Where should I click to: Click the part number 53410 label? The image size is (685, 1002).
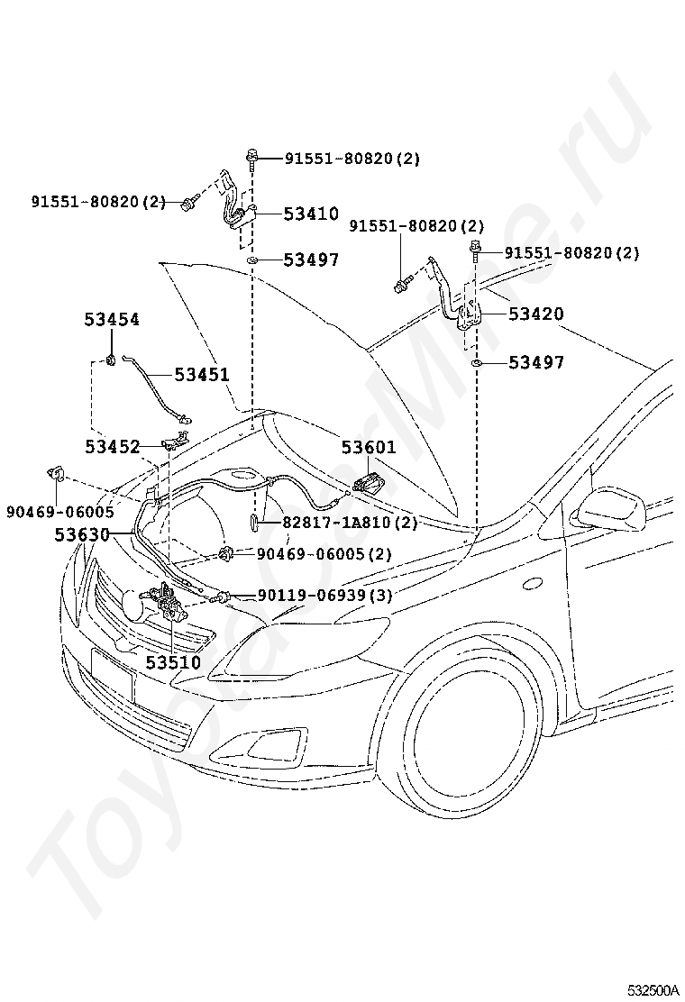pos(311,214)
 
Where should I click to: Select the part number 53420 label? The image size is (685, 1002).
pos(536,314)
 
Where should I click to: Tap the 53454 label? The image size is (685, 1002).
pos(112,319)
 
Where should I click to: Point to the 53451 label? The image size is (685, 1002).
pos(202,374)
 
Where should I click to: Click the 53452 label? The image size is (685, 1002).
pos(113,447)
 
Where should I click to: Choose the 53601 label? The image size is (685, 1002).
pos(369,447)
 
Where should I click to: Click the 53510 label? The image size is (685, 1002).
pos(173,662)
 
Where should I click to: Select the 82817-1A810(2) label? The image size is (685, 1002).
pos(350,523)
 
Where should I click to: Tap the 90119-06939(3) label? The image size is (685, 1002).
pos(324,595)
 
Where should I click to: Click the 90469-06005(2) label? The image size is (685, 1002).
pos(324,553)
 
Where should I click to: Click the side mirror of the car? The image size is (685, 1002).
pos(610,511)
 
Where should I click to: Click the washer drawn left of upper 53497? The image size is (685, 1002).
pos(252,260)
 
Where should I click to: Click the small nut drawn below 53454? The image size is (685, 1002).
pos(111,360)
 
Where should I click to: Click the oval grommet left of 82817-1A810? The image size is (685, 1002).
pos(253,522)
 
